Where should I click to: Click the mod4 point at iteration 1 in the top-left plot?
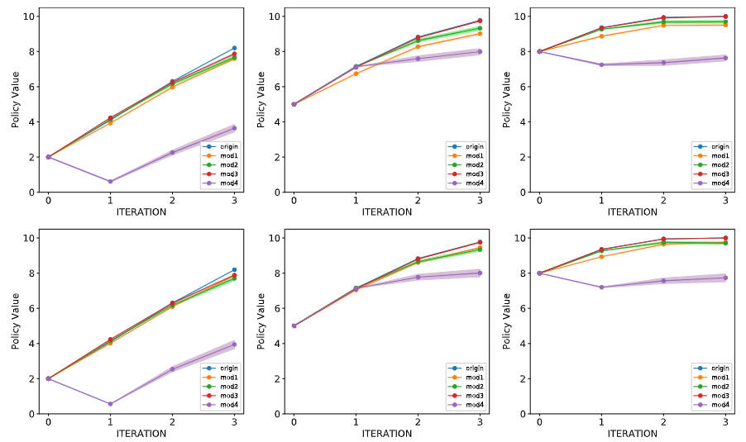click(x=110, y=182)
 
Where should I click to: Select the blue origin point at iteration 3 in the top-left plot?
click(x=235, y=48)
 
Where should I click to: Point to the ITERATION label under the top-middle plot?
click(x=386, y=211)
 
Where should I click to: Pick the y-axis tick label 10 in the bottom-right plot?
click(x=524, y=238)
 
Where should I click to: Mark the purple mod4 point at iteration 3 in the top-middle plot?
click(x=480, y=51)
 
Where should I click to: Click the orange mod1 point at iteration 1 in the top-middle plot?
click(x=356, y=74)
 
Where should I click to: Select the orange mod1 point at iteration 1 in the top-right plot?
click(x=602, y=36)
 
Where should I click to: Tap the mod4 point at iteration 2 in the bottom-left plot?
click(x=172, y=369)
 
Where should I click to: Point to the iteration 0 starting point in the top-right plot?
click(x=539, y=51)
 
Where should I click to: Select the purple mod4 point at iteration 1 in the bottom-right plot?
click(x=602, y=288)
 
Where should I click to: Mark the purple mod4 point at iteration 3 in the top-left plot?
click(x=235, y=128)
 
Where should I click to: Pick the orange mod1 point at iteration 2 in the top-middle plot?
click(x=418, y=46)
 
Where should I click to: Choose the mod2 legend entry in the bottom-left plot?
click(x=220, y=386)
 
